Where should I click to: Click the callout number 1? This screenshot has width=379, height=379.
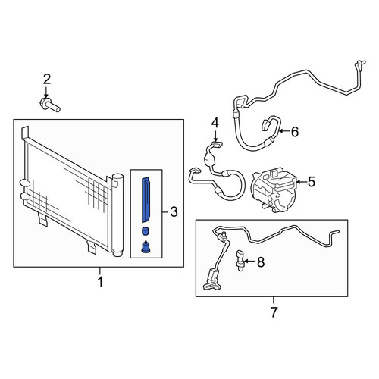tap(100, 282)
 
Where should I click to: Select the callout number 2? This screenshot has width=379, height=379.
tap(47, 79)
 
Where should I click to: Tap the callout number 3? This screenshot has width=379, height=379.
tap(174, 211)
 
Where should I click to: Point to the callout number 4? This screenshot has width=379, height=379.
tap(215, 123)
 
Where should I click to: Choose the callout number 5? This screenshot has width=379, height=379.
tap(312, 182)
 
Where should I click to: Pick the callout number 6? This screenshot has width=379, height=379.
tap(295, 132)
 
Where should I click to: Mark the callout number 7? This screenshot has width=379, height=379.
tap(274, 312)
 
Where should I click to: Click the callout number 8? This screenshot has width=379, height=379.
tap(261, 262)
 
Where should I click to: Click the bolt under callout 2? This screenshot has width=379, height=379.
tap(50, 105)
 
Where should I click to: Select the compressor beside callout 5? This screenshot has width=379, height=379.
tap(274, 191)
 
